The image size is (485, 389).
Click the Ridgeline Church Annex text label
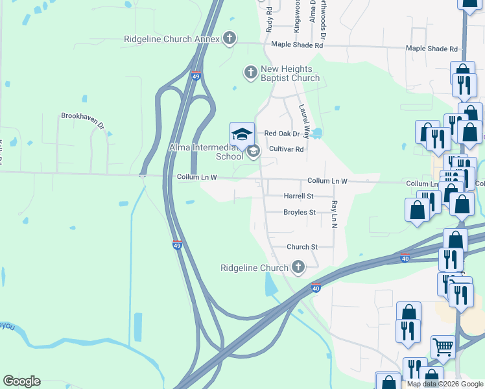coord(171,39)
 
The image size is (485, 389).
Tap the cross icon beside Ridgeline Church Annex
coord(228,38)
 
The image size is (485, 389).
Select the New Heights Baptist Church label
coord(290,74)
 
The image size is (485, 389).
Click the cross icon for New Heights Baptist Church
coord(250,73)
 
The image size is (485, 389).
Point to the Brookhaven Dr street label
coord(83,116)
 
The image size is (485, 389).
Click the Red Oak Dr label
coord(282,134)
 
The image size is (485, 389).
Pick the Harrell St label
coord(298,196)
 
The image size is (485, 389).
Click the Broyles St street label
coord(299,212)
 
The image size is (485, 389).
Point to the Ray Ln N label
coord(334,213)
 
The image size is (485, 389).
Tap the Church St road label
coord(302,247)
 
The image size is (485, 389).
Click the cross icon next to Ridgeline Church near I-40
coord(298,267)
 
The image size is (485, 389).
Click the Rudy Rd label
coord(270,22)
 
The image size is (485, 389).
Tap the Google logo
coord(21,381)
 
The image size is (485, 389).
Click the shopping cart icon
coord(443,347)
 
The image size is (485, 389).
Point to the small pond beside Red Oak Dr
coord(316,134)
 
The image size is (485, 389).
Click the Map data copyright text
coord(445,384)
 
